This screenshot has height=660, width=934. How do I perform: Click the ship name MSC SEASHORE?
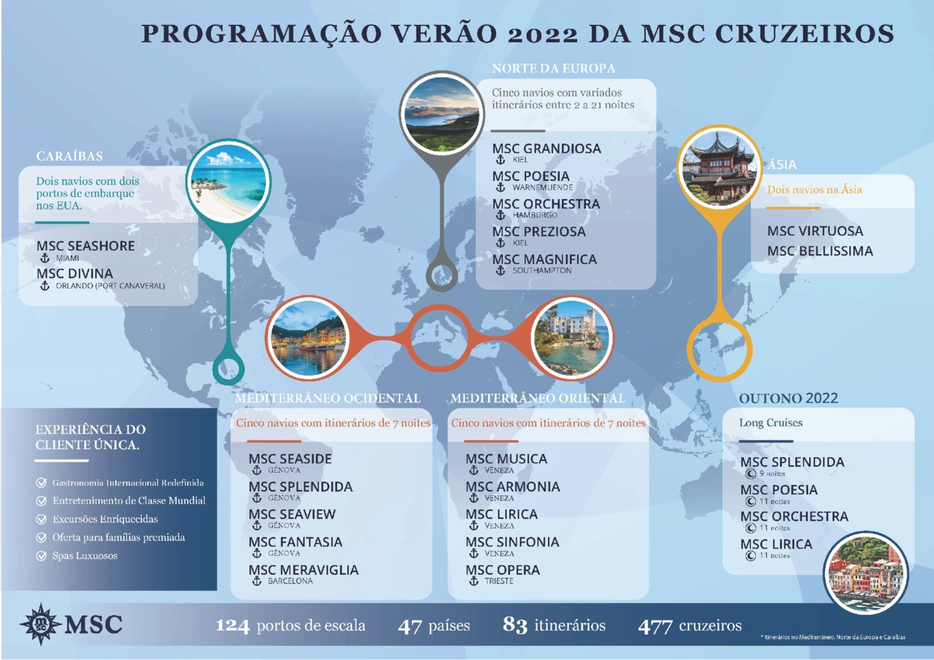85,246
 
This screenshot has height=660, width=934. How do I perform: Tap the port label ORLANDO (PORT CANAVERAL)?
110,286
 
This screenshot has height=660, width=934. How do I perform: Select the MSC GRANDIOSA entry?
547,149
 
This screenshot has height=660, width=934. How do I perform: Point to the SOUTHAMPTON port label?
541,271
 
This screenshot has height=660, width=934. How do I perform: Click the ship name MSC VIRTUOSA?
814,231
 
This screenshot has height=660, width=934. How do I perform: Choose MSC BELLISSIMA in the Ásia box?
819,251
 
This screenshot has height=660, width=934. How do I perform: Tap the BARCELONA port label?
290,581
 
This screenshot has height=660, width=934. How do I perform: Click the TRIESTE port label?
499,581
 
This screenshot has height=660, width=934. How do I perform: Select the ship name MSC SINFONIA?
512,542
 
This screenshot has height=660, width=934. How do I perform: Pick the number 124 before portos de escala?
233,626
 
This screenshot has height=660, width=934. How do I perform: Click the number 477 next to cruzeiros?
655,626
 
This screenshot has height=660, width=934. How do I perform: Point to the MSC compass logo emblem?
41,624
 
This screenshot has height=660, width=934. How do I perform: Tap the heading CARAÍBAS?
69,156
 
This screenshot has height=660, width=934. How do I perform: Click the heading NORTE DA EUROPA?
553,69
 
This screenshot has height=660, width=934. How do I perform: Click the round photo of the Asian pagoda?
719,168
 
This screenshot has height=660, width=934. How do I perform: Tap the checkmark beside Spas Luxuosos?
42,556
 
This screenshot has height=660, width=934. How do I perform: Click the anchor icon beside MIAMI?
45,258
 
